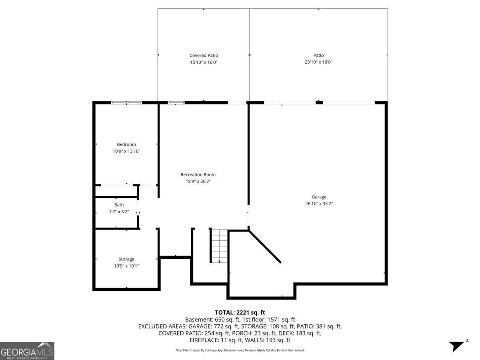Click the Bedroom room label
click(126, 144)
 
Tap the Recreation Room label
click(198, 174)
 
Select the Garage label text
click(319, 197)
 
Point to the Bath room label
click(119, 205)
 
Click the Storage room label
click(126, 259)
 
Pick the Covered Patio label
click(204, 56)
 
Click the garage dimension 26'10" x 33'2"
click(319, 204)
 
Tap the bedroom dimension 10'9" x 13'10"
click(126, 151)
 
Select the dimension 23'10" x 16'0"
click(318, 62)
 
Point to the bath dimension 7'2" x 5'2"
click(119, 211)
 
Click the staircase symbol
click(219, 246)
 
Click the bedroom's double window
click(126, 103)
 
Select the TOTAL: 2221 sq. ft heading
click(240, 312)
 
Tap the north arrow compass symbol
click(457, 345)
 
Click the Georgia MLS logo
click(27, 351)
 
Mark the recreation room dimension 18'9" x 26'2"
click(198, 181)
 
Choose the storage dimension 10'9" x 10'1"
click(126, 266)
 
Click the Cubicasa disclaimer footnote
click(240, 350)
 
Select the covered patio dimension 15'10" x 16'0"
click(204, 62)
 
